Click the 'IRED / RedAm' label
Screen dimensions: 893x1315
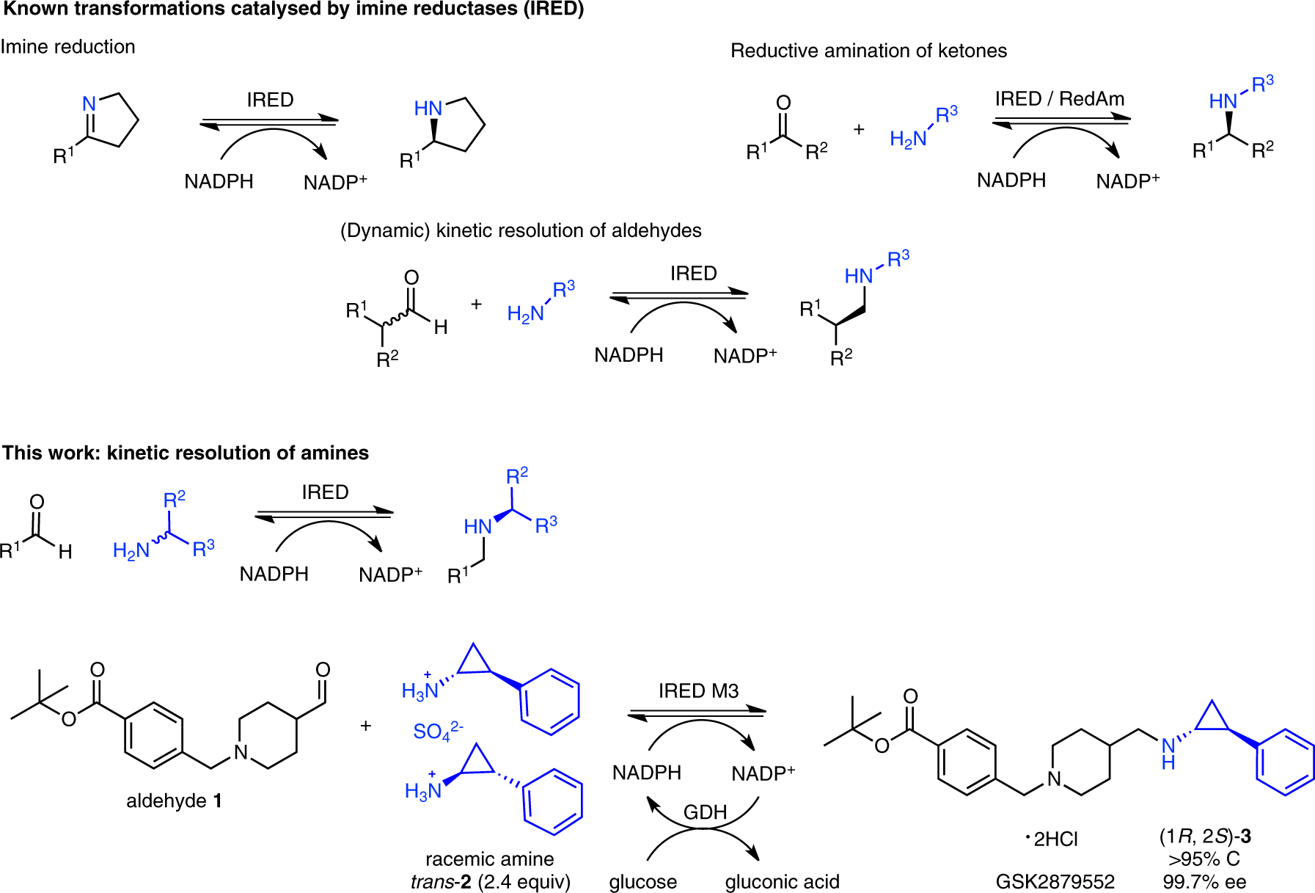click(1059, 99)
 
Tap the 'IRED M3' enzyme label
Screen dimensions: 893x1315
click(698, 691)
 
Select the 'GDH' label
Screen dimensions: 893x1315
click(705, 813)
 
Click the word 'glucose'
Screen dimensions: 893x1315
click(642, 881)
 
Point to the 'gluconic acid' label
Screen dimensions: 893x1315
click(782, 881)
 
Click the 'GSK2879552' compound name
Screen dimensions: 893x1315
click(1055, 881)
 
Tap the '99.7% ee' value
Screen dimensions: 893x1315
click(1204, 881)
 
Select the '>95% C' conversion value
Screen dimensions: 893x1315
click(1204, 859)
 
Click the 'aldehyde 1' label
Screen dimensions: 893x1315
click(174, 801)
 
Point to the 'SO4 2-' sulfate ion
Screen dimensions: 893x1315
click(438, 732)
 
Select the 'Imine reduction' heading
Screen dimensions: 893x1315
click(68, 47)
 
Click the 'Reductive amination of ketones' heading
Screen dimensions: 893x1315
click(868, 51)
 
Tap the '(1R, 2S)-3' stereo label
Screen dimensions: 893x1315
click(1205, 836)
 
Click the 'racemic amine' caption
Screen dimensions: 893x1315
click(489, 859)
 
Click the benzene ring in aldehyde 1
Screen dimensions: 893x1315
click(154, 736)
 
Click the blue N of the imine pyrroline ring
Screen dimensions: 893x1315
click(89, 104)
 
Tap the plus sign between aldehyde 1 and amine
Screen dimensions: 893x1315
click(366, 726)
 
